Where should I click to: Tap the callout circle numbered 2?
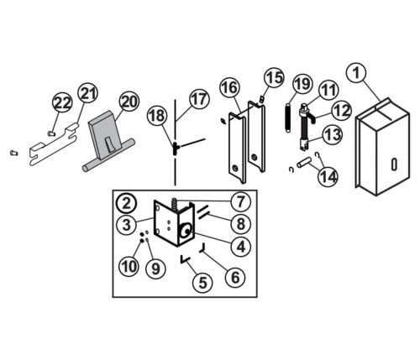click(x=126, y=202)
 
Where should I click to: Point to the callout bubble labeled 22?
click(x=62, y=102)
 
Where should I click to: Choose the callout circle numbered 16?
click(x=230, y=88)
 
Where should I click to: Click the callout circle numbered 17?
click(x=197, y=98)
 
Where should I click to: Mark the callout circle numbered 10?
click(x=129, y=267)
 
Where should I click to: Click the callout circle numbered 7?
click(x=239, y=201)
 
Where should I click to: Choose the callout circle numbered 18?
click(x=155, y=115)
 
